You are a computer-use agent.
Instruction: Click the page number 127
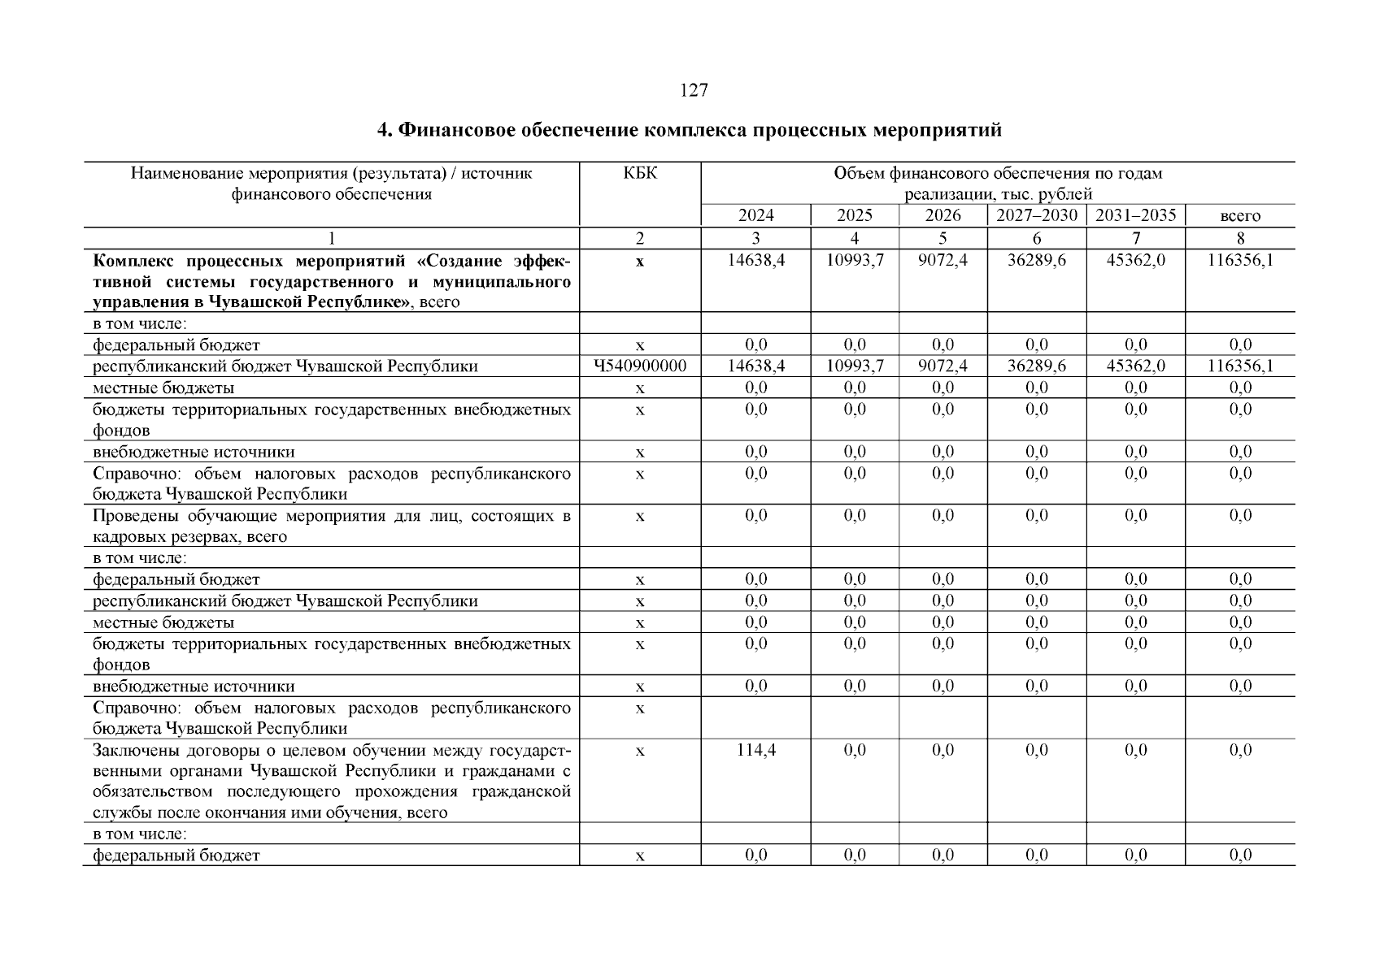pyautogui.click(x=693, y=90)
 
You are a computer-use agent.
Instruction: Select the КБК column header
pyautogui.click(x=640, y=173)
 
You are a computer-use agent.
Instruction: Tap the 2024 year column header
pyautogui.click(x=755, y=215)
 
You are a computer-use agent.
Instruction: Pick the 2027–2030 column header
pyautogui.click(x=1036, y=215)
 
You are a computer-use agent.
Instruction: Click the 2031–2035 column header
pyautogui.click(x=1135, y=215)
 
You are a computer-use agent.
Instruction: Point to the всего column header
pyautogui.click(x=1240, y=216)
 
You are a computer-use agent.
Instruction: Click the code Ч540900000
pyautogui.click(x=640, y=366)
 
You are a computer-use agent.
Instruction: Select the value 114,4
pyautogui.click(x=755, y=750)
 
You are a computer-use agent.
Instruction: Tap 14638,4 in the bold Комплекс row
pyautogui.click(x=755, y=262)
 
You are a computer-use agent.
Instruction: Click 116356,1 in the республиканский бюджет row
pyautogui.click(x=1240, y=366)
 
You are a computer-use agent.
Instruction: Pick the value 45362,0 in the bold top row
pyautogui.click(x=1135, y=262)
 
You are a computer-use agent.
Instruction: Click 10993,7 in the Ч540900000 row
pyautogui.click(x=855, y=366)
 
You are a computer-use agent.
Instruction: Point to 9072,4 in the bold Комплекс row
pyautogui.click(x=942, y=262)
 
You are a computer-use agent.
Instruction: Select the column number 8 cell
pyautogui.click(x=1240, y=238)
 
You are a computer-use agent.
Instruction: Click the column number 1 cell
pyautogui.click(x=331, y=238)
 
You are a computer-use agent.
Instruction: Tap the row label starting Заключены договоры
pyautogui.click(x=331, y=781)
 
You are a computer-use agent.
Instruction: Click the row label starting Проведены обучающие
pyautogui.click(x=331, y=526)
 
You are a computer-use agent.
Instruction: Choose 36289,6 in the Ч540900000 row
pyautogui.click(x=1036, y=366)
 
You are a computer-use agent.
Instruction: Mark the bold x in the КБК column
pyautogui.click(x=640, y=262)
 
